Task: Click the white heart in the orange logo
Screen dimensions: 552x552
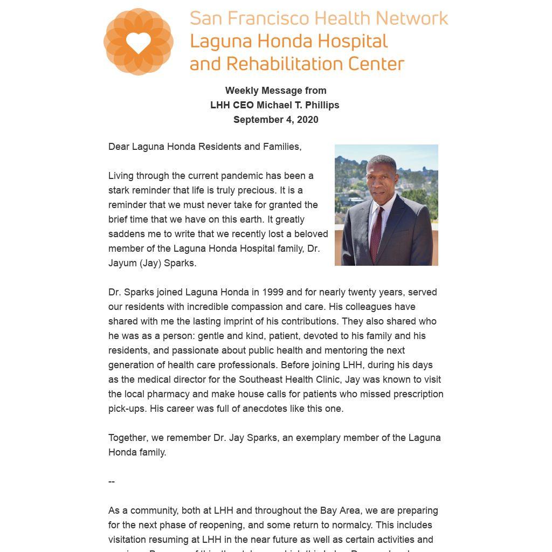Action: [x=139, y=43]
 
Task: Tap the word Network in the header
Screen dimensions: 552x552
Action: [x=412, y=18]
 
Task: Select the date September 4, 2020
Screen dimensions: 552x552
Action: [x=275, y=120]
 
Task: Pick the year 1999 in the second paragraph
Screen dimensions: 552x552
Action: [x=273, y=292]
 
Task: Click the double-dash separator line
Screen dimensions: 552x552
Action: [x=112, y=481]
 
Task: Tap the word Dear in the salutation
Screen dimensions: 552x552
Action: [x=119, y=147]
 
